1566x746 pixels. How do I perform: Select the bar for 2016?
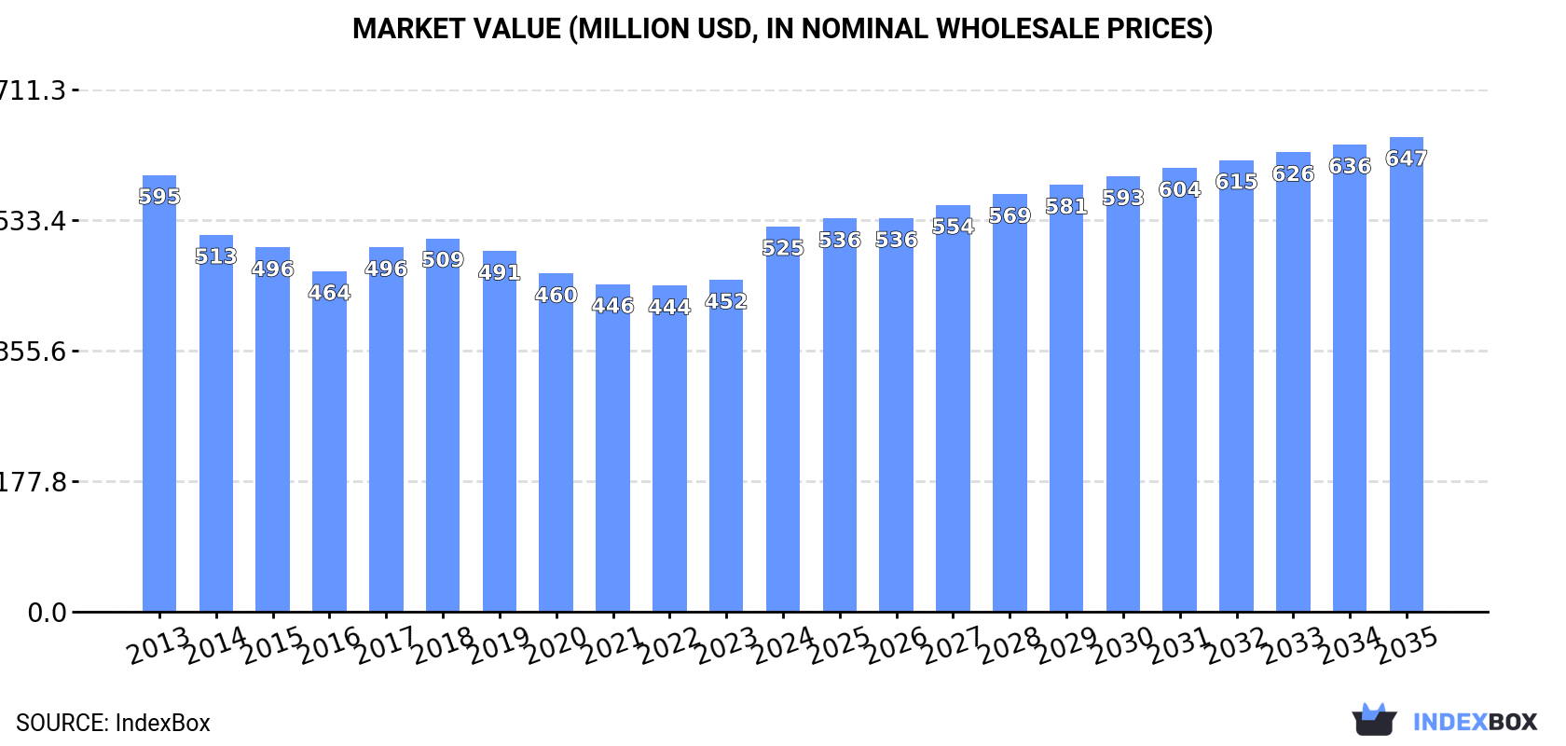point(329,442)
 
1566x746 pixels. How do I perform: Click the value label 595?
point(159,197)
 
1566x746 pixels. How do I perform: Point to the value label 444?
point(669,307)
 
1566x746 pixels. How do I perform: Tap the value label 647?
point(1406,159)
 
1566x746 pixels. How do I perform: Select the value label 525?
point(783,248)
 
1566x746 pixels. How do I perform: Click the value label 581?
point(1066,206)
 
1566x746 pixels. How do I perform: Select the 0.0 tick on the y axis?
point(47,613)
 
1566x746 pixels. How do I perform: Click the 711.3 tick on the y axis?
point(34,90)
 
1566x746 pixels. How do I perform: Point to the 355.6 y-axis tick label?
point(34,352)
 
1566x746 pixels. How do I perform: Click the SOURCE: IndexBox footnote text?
point(113,723)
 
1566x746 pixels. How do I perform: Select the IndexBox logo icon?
point(1374,720)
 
